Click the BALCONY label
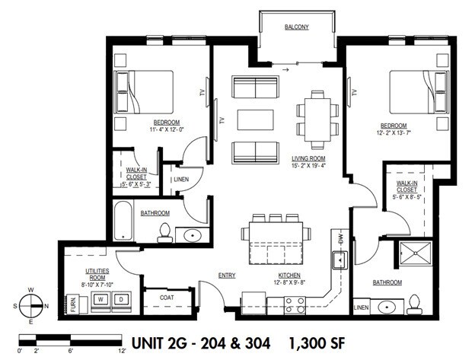[x=296, y=27]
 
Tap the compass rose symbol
[x=31, y=304]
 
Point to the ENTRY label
[x=226, y=275]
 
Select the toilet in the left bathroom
[x=163, y=233]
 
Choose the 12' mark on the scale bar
[x=121, y=351]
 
